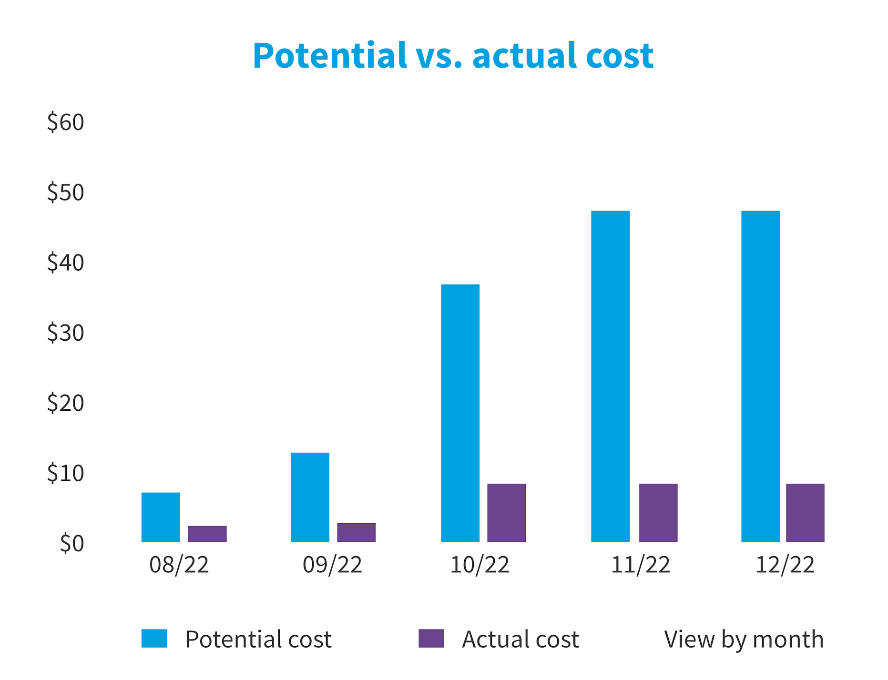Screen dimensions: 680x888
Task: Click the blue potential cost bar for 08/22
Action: point(161,517)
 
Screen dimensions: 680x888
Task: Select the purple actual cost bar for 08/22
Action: point(207,534)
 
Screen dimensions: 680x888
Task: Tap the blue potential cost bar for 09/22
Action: point(310,497)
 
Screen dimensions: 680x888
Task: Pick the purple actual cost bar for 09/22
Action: point(357,532)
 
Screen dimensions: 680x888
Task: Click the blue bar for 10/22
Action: point(460,413)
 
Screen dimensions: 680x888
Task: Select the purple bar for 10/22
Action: point(506,513)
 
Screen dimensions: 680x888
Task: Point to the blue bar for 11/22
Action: point(610,376)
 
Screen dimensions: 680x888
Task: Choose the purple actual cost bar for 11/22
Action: point(658,513)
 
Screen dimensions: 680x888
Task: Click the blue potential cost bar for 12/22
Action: point(760,376)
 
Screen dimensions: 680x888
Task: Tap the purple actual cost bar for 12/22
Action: point(805,513)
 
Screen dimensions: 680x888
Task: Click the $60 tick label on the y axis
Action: point(66,122)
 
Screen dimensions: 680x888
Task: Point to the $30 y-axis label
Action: point(66,333)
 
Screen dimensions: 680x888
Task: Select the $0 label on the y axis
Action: point(72,544)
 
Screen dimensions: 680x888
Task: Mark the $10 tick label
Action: point(66,474)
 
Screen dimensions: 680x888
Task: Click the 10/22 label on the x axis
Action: point(480,565)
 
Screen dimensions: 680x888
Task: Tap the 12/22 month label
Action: point(785,565)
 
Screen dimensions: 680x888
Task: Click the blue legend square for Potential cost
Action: point(154,639)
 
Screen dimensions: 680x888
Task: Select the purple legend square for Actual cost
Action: point(431,639)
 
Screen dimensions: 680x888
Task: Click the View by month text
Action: point(744,639)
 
